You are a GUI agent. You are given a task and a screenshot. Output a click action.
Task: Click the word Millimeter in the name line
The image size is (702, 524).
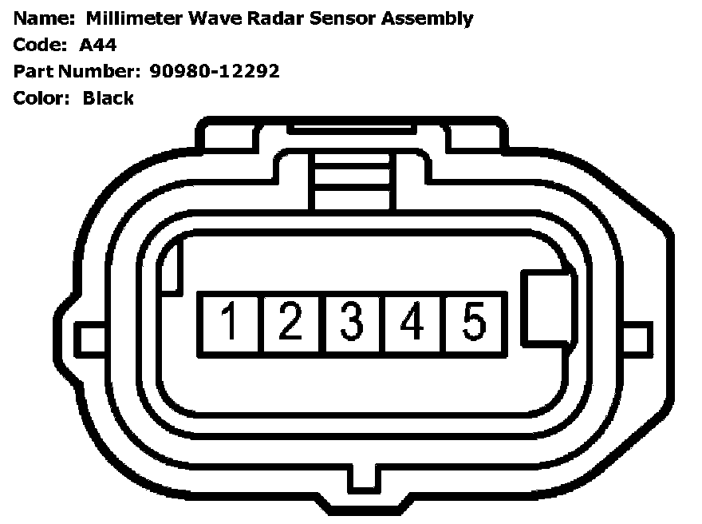[x=134, y=18]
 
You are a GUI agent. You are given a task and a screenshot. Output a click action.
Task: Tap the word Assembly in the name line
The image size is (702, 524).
[x=427, y=19]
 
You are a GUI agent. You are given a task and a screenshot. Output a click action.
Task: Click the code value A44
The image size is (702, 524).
[x=97, y=45]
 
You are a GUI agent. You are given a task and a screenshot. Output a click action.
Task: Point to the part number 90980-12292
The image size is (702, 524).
[x=215, y=71]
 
